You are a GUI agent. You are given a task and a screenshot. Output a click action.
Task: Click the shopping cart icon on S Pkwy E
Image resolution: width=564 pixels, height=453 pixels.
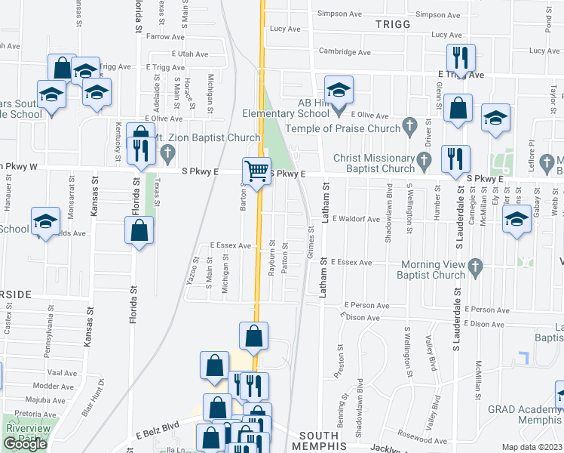coord(256,171)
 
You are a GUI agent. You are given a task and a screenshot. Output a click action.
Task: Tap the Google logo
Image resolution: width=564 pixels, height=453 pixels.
coord(25,443)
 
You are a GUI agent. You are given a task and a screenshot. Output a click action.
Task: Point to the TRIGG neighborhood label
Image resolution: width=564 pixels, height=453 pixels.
coord(392,24)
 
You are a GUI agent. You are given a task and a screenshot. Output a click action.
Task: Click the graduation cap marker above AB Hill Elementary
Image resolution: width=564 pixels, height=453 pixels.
coord(339,90)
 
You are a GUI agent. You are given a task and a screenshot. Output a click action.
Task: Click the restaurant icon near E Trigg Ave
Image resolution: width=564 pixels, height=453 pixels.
coord(458,57)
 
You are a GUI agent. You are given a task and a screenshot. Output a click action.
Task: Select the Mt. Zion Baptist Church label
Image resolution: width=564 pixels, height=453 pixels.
coord(207,138)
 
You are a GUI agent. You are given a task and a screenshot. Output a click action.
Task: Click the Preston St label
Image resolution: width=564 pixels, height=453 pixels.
coord(340,363)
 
